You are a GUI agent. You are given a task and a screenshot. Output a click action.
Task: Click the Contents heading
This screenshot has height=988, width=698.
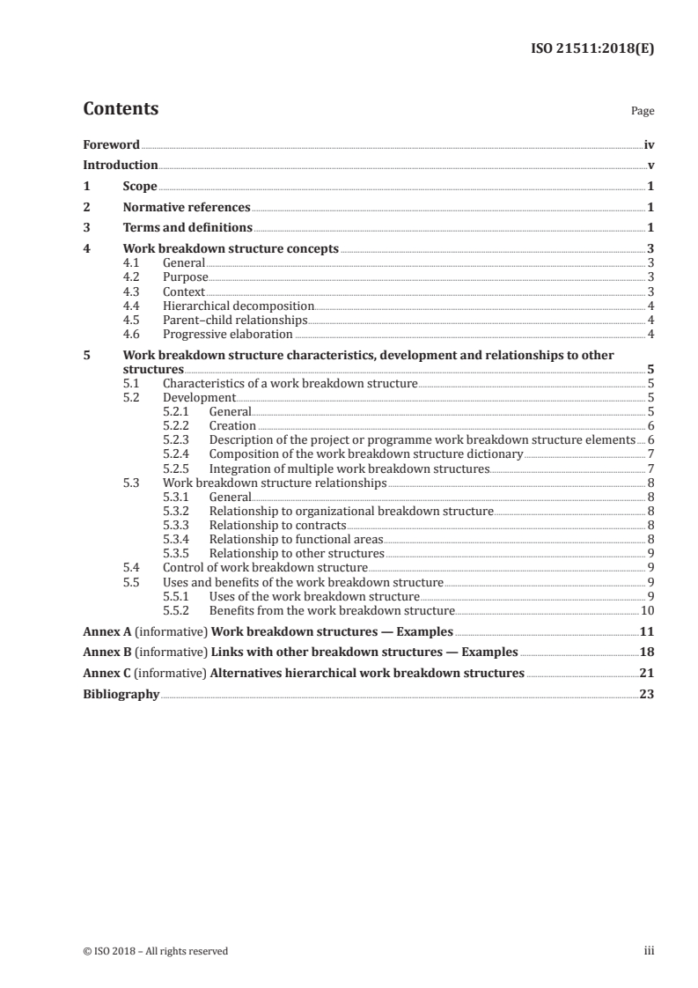click(121, 109)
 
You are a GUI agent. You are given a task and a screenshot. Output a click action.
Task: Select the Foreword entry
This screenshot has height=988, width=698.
click(111, 144)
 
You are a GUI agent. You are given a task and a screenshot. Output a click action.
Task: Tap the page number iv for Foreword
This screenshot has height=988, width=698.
click(649, 144)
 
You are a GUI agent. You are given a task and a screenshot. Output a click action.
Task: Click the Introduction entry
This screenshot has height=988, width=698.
click(121, 165)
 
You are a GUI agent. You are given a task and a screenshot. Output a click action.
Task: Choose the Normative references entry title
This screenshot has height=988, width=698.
click(187, 208)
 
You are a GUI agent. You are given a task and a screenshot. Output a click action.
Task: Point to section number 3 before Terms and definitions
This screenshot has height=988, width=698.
click(86, 228)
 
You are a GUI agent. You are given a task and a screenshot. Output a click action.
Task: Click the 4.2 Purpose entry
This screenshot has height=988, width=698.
click(186, 276)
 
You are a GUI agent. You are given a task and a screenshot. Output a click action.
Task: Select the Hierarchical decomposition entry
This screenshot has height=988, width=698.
click(239, 306)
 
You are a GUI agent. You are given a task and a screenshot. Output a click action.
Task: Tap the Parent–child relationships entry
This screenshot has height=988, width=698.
click(235, 320)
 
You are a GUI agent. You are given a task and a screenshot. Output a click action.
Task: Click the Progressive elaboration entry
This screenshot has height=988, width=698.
click(228, 334)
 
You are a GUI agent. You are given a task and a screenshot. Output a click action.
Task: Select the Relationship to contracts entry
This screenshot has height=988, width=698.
click(277, 525)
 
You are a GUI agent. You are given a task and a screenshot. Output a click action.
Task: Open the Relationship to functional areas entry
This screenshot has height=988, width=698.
click(297, 539)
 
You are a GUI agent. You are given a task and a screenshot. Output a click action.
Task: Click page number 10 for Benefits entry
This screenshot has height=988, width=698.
click(647, 610)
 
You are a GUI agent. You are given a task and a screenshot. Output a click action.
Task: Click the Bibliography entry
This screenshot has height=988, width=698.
click(121, 694)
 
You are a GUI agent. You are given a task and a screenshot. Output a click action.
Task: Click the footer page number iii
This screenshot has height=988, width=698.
click(650, 951)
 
